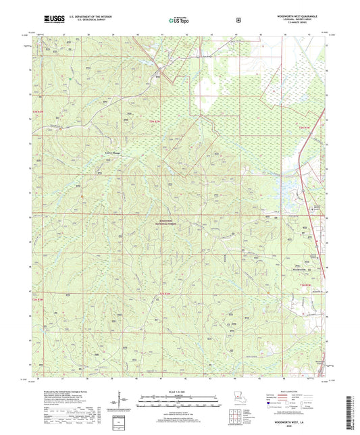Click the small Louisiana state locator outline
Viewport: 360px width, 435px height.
point(238,398)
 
